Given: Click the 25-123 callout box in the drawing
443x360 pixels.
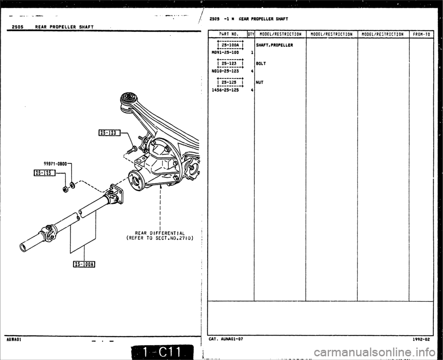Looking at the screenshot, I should pos(108,134).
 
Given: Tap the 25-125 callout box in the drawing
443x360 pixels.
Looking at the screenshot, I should pos(44,173).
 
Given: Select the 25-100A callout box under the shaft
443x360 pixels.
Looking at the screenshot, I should pos(86,264).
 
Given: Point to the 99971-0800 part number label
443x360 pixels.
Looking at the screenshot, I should pos(57,163).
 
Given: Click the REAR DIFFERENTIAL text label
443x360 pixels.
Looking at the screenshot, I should pos(159,233).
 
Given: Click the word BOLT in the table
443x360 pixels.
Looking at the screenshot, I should pos(261,63).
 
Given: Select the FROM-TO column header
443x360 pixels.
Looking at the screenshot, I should pos(421,34).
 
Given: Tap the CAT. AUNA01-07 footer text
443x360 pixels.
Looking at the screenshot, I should pos(227,338).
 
